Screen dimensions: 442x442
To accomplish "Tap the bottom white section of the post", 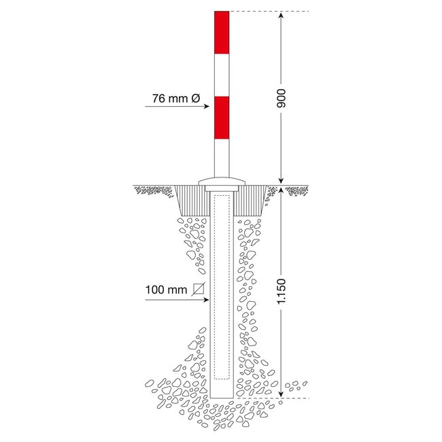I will coord(222,158).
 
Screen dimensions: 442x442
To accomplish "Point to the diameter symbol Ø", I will coord(195,99).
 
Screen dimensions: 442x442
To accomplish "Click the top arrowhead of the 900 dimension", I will coord(279,16).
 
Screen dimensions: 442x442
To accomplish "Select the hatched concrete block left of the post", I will coord(193,201).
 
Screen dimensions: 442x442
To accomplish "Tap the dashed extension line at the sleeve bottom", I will coord(272,398).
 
